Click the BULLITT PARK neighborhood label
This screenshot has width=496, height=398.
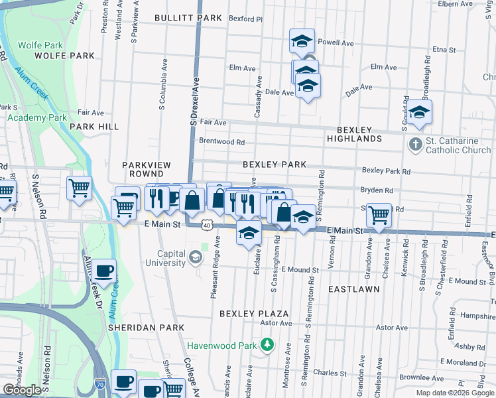[x=188, y=18]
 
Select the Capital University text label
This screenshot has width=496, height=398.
[x=162, y=258]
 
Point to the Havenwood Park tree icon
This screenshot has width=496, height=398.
[x=267, y=344]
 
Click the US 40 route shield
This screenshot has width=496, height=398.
[x=207, y=226]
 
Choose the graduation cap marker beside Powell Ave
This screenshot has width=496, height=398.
[x=302, y=41]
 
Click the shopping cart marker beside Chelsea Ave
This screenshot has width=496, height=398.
[x=379, y=214]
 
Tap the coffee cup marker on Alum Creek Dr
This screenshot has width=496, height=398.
[x=104, y=271]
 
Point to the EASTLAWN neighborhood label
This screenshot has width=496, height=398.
[x=354, y=290]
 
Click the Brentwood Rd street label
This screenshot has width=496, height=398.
[x=222, y=141]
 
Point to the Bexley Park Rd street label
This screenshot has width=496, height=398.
[x=386, y=170]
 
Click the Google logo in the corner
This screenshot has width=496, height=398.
[x=22, y=390]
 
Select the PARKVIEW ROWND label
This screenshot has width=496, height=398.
[x=147, y=169]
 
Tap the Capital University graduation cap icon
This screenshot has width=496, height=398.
[x=196, y=257]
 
